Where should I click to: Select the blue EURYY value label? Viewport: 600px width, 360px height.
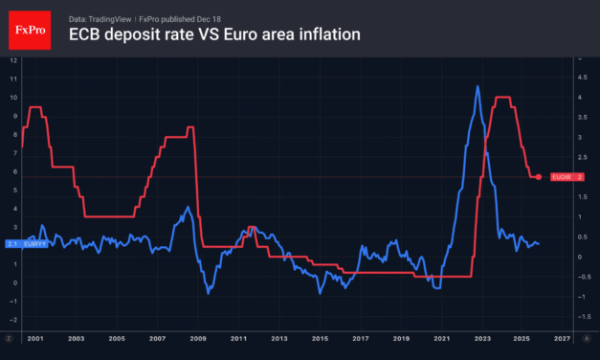pos(25,243)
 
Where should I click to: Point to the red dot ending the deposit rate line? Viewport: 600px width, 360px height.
pos(539,177)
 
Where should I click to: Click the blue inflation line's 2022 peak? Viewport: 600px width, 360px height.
pos(478,87)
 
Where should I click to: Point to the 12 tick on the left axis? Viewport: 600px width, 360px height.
pos(12,60)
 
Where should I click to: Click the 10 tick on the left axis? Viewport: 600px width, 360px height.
pos(12,98)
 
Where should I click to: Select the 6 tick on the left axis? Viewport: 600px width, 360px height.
pos(12,171)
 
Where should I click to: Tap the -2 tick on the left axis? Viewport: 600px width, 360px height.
pos(12,320)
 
